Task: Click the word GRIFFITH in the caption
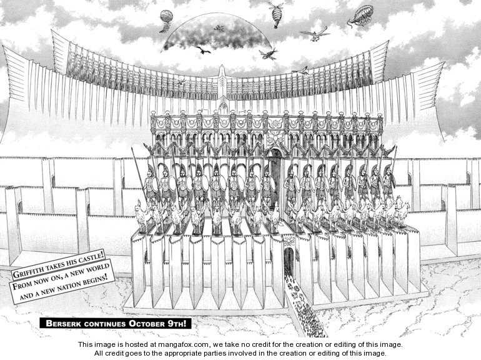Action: [x=27, y=272]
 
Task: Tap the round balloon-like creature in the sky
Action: [x=166, y=19]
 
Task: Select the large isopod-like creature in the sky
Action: [x=360, y=15]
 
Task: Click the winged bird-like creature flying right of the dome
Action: [x=315, y=34]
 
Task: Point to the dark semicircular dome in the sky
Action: [x=216, y=33]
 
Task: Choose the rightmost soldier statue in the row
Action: [x=389, y=183]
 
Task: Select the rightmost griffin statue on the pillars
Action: [x=402, y=212]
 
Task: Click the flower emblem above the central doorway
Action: [x=274, y=139]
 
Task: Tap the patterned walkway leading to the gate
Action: [x=304, y=307]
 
